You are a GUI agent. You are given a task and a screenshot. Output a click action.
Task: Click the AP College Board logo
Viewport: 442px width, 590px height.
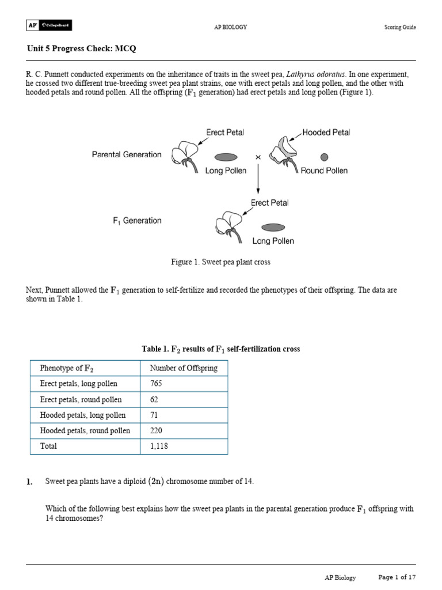click(x=49, y=25)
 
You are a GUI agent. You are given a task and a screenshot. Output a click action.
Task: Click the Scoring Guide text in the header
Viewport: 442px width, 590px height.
click(x=400, y=27)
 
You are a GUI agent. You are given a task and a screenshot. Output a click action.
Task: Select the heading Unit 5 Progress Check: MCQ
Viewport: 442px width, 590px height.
click(x=82, y=48)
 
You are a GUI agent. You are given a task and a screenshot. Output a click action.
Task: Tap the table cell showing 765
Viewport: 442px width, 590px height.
click(x=156, y=384)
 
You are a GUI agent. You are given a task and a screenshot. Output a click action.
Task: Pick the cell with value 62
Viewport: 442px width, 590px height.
click(x=154, y=399)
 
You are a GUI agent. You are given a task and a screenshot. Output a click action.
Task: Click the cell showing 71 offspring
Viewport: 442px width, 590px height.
click(x=154, y=415)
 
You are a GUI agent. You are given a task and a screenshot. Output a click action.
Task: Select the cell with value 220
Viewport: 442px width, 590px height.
click(x=155, y=430)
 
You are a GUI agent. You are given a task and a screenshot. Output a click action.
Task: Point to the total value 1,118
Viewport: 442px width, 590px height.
click(x=159, y=446)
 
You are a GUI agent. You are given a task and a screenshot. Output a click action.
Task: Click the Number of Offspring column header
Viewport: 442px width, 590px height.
click(x=183, y=368)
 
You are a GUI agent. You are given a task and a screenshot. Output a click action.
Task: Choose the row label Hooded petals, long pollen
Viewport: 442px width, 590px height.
click(x=82, y=415)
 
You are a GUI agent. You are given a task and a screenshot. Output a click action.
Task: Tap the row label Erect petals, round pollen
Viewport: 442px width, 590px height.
click(x=81, y=399)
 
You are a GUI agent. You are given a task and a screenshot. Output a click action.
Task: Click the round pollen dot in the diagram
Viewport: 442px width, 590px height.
click(x=325, y=157)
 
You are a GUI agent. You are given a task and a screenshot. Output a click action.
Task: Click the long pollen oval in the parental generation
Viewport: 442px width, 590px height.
click(x=226, y=157)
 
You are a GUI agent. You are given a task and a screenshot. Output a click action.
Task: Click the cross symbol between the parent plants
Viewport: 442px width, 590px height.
click(x=258, y=157)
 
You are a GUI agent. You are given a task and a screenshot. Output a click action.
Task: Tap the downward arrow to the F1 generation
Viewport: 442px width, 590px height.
click(x=258, y=179)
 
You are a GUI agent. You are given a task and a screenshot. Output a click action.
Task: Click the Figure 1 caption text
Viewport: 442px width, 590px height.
click(x=220, y=262)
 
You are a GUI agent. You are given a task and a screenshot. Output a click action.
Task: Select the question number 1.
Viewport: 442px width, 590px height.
click(x=29, y=482)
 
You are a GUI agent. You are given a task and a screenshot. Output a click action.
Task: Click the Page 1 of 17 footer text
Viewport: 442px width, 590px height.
click(x=397, y=577)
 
